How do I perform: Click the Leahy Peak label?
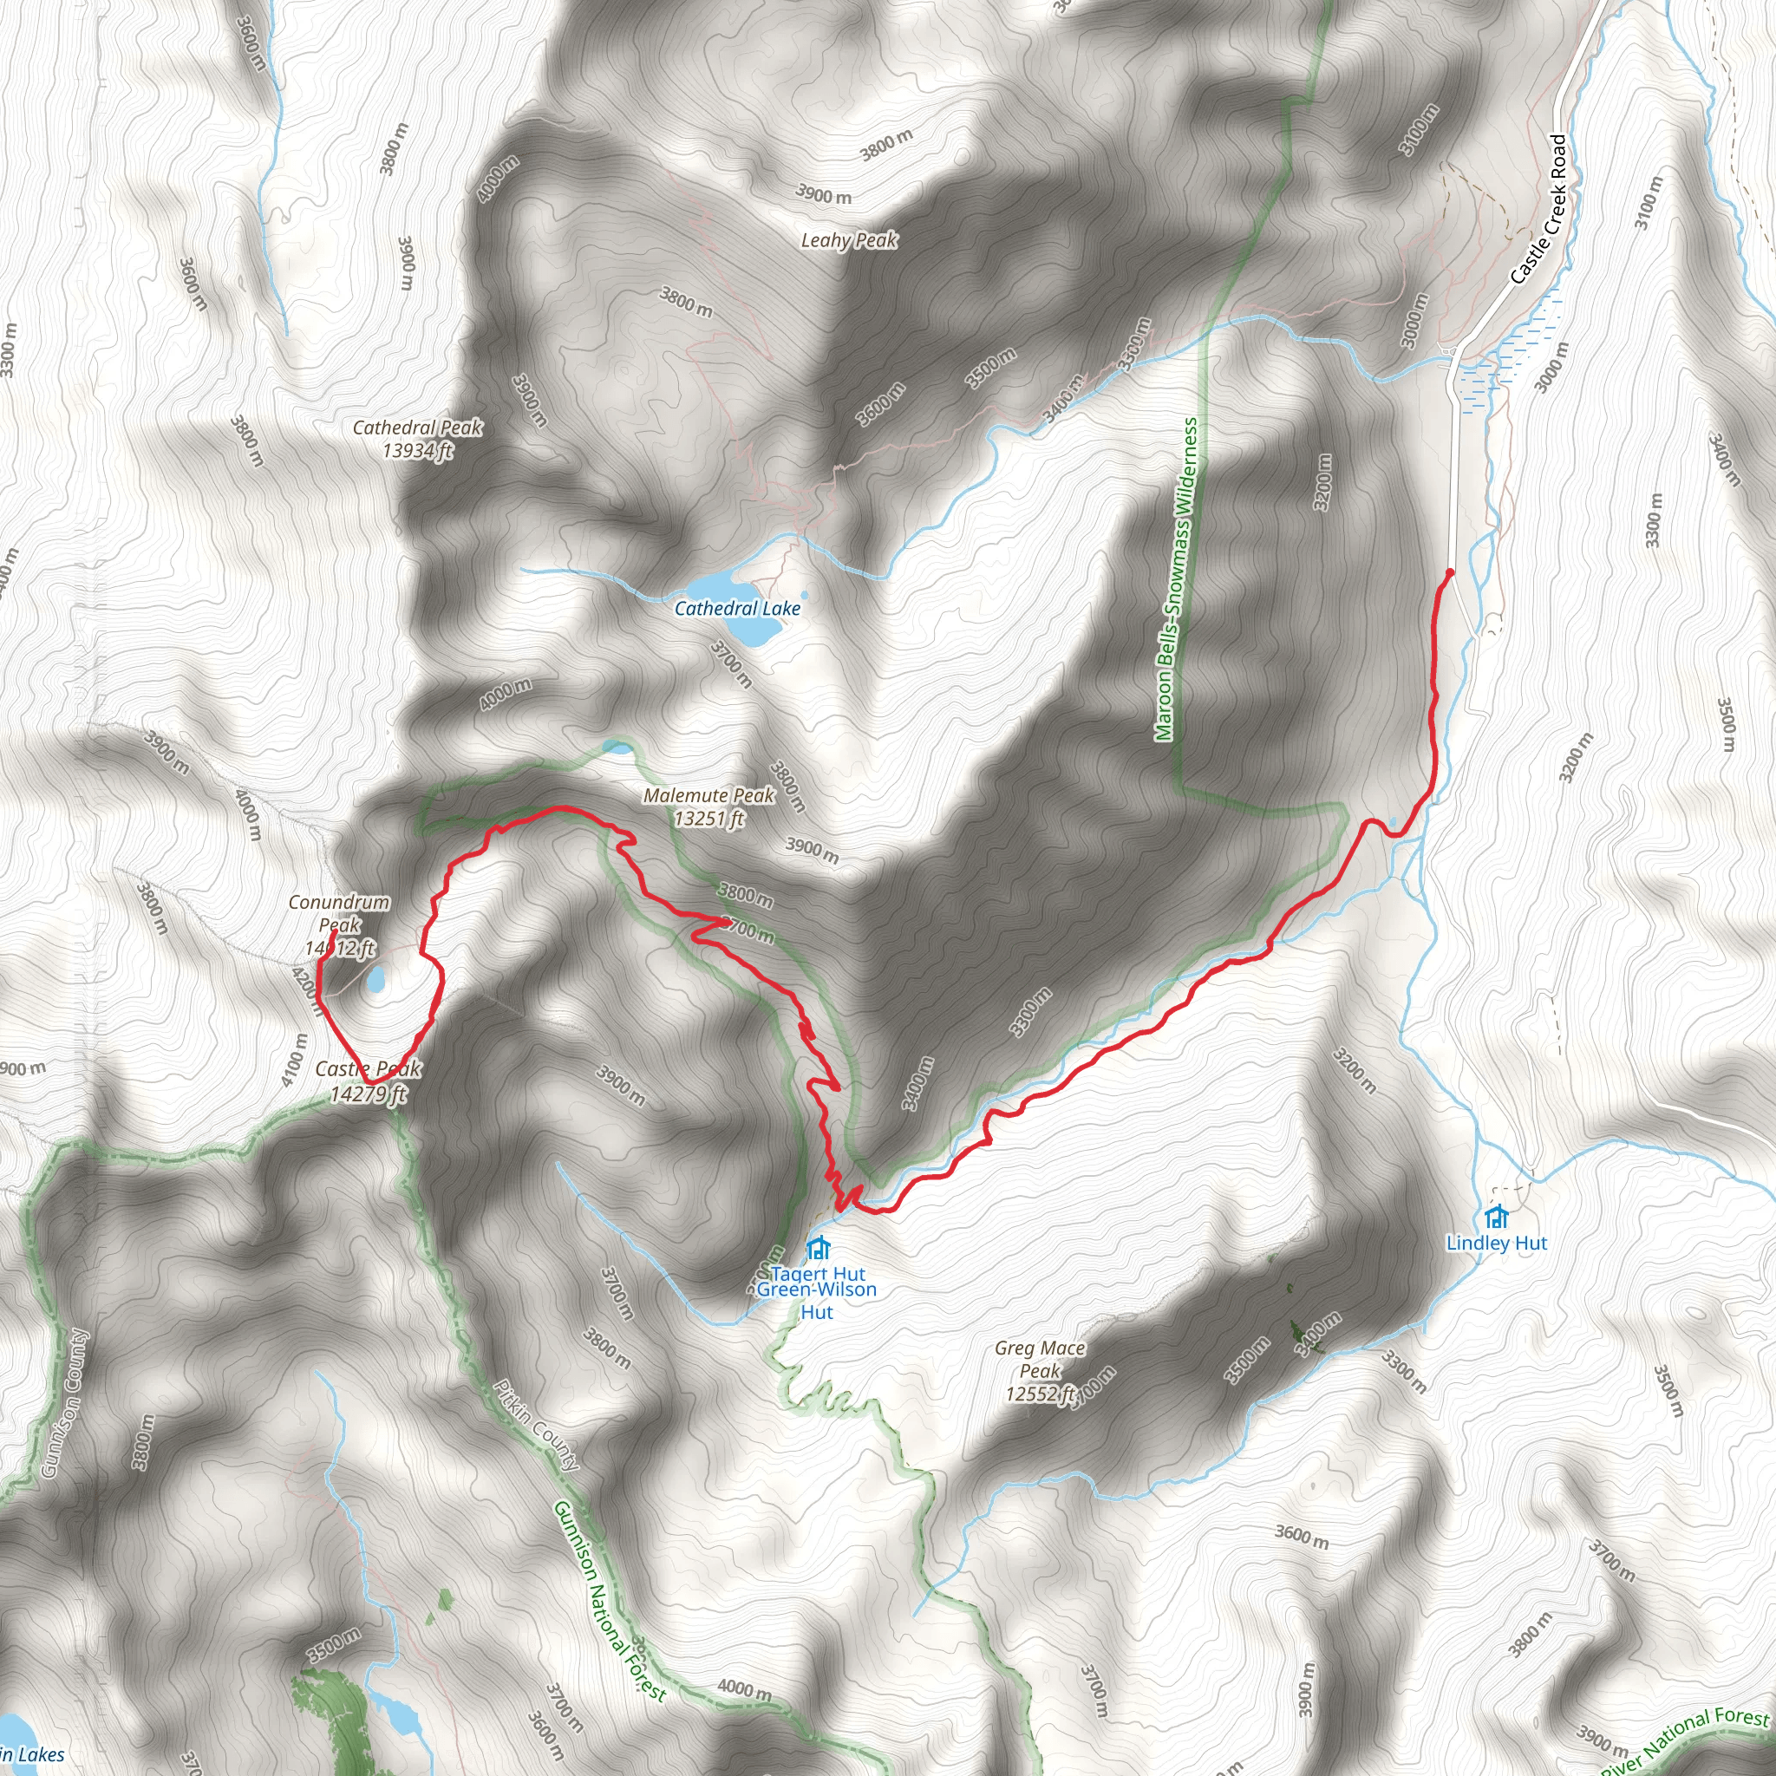848,241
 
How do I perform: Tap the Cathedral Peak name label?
417,428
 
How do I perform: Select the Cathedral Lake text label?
737,609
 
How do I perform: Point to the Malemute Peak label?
708,795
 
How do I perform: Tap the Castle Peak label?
368,1069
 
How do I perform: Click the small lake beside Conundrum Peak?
376,980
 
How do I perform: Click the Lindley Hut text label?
1497,1244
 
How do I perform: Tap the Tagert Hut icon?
817,1250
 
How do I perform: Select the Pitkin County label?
537,1425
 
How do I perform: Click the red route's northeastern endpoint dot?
1450,572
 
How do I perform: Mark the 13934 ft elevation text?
417,450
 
